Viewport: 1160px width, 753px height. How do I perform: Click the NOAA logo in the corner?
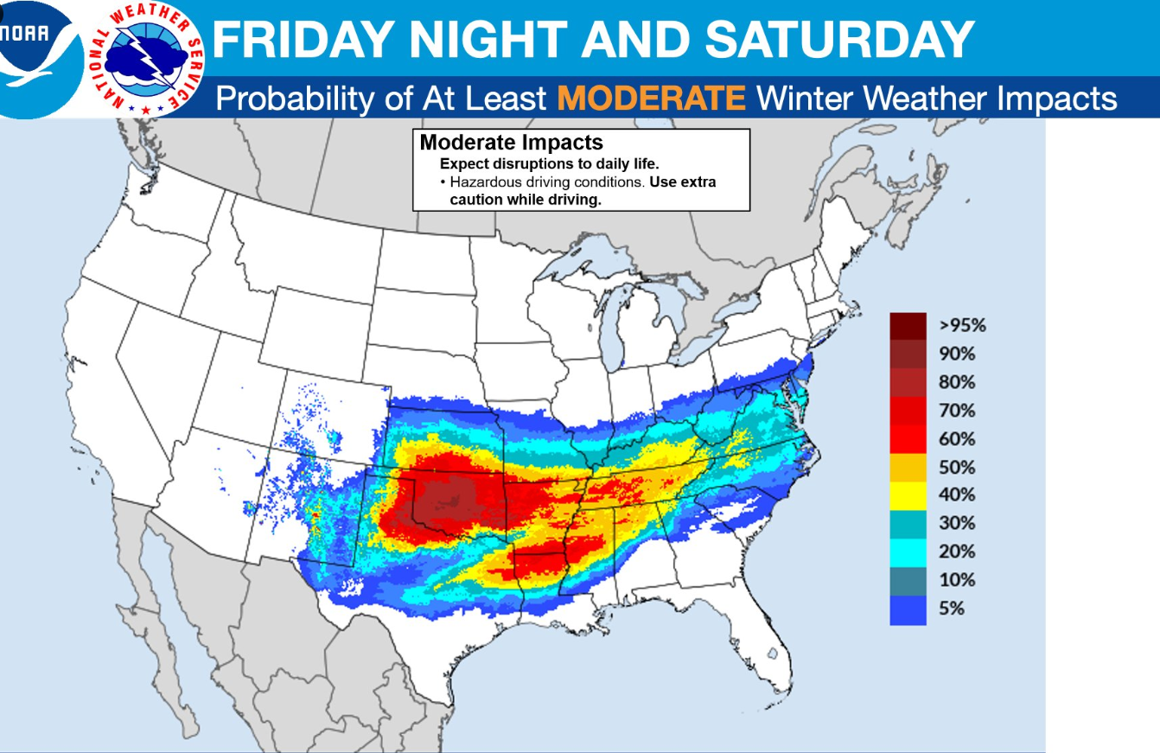(35, 48)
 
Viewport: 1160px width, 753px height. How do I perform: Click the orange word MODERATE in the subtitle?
(651, 99)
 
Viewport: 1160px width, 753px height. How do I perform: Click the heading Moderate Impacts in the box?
(511, 143)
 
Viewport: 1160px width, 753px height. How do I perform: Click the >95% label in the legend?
(961, 326)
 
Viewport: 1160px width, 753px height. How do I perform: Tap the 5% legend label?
(951, 609)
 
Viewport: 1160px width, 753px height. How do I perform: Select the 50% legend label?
(956, 467)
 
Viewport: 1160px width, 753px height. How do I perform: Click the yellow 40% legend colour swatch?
(908, 495)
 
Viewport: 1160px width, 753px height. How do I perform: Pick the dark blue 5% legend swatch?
(908, 609)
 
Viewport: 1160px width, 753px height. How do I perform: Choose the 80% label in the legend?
(956, 382)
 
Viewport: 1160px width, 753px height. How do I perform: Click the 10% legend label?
(956, 580)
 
